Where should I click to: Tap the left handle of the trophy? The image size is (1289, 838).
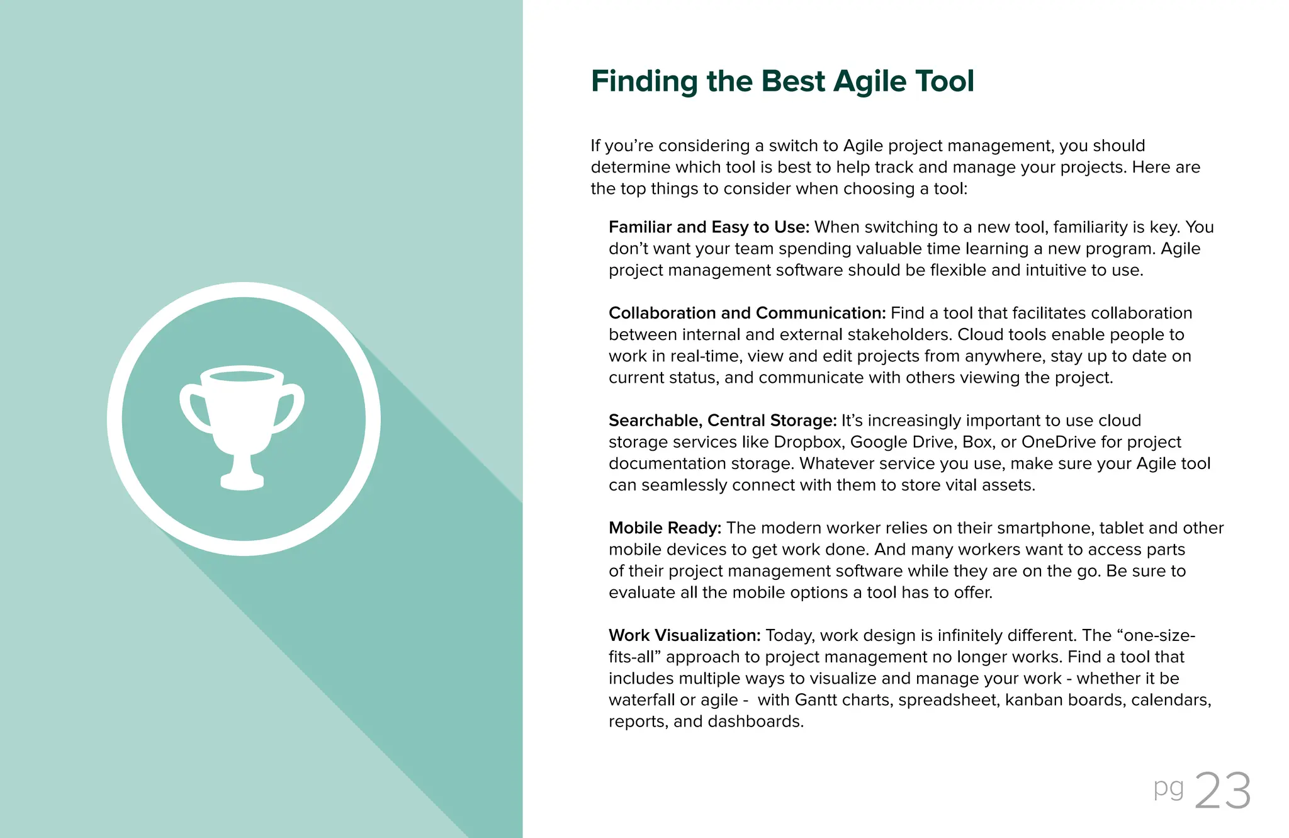(192, 409)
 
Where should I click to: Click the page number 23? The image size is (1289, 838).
(1222, 791)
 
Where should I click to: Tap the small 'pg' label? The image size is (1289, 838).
(1168, 788)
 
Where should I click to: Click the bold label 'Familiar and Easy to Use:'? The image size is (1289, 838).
(709, 227)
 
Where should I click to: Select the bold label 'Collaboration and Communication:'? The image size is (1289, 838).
(747, 313)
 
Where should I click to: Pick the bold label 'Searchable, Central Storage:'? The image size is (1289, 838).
(723, 421)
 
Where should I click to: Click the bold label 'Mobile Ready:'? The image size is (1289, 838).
(665, 528)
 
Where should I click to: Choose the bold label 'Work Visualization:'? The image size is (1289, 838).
(684, 635)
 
